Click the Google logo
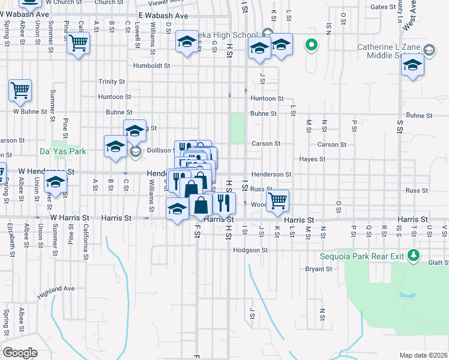coord(20,353)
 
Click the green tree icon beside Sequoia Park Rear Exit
coord(413,256)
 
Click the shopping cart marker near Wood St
coord(277,200)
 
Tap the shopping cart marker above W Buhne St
coord(20,91)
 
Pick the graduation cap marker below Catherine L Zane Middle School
coord(412,65)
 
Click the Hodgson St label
coord(250,250)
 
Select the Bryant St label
coord(319,269)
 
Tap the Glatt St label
coord(439,262)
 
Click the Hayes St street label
coord(312,160)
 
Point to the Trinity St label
coord(112,82)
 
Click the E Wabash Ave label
coord(163,16)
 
